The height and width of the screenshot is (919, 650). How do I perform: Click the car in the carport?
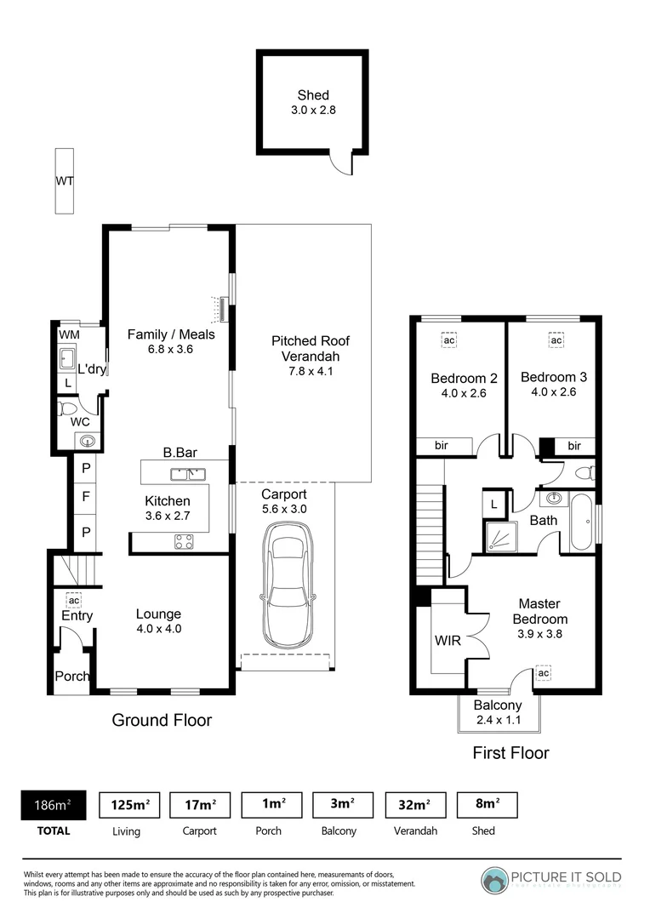tap(287, 585)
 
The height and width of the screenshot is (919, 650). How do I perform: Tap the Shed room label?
tap(312, 95)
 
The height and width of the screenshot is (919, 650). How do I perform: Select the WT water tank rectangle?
tap(64, 181)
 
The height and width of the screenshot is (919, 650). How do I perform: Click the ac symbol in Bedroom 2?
tap(449, 340)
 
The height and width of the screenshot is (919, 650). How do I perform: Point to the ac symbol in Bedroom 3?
tap(556, 340)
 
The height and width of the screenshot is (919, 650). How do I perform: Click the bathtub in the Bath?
tap(583, 522)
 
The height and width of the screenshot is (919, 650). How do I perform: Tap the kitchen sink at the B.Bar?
tap(185, 473)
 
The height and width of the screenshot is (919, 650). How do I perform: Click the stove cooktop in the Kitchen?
tap(185, 541)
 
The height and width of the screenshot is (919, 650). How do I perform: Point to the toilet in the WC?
tap(67, 409)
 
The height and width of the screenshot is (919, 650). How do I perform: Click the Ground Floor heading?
tap(162, 721)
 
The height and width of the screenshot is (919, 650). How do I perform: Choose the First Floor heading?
tap(510, 753)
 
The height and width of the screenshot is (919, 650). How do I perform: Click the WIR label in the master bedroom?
tap(448, 640)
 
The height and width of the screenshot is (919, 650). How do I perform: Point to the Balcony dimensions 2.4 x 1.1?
tap(498, 720)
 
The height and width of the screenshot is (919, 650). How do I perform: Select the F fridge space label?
tap(85, 494)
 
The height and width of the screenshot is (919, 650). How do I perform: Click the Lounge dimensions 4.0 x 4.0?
tap(159, 629)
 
